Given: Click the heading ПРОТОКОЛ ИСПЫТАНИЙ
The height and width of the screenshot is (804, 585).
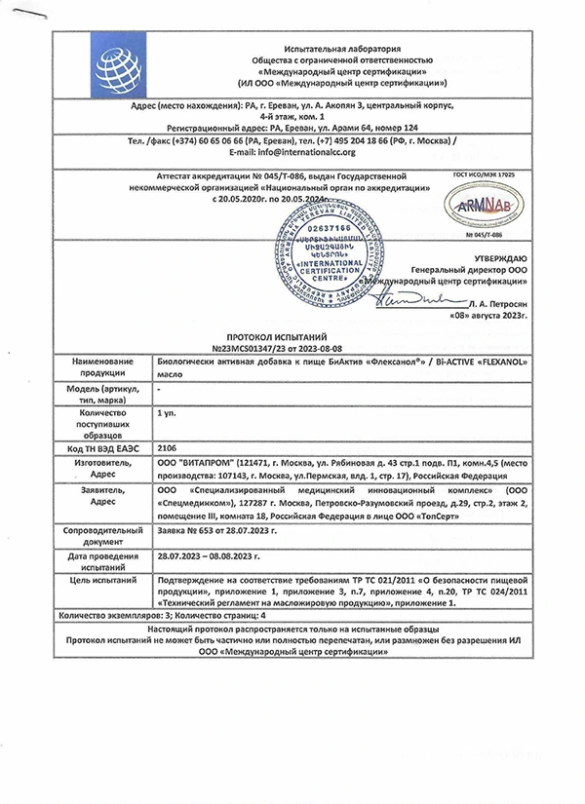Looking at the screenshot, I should click(292, 332).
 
